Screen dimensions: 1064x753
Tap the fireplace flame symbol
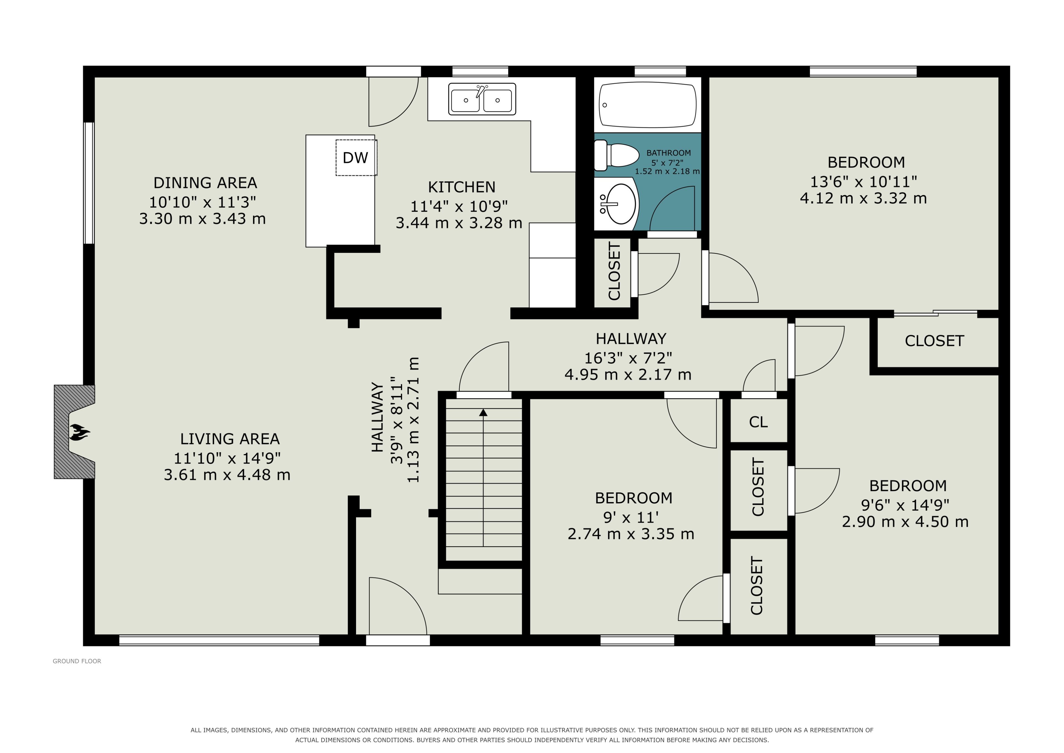pyautogui.click(x=80, y=432)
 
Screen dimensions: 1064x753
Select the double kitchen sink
pyautogui.click(x=482, y=99)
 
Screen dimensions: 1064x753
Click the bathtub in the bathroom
pyautogui.click(x=648, y=105)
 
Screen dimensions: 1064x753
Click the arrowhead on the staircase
pyautogui.click(x=483, y=412)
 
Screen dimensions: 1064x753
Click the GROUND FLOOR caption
pyautogui.click(x=77, y=661)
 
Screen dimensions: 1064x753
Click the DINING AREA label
pyautogui.click(x=205, y=183)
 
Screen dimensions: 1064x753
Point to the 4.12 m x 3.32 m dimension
pyautogui.click(x=863, y=199)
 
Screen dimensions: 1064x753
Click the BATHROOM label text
pyautogui.click(x=668, y=152)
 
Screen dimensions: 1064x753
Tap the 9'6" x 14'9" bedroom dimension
pyautogui.click(x=905, y=505)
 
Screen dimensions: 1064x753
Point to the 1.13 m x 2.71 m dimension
pyautogui.click(x=413, y=420)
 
